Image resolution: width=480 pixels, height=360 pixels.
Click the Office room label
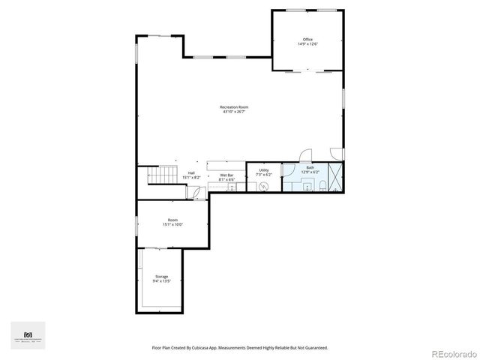(x=307, y=39)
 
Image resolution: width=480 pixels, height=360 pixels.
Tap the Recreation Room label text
(x=234, y=107)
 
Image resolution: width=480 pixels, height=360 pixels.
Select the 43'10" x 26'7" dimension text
(x=234, y=112)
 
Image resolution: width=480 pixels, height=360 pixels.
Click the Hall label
(x=191, y=173)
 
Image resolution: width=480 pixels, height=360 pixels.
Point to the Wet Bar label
(x=226, y=175)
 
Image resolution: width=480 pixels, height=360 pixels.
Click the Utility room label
(x=264, y=170)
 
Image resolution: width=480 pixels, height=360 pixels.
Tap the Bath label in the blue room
(x=310, y=168)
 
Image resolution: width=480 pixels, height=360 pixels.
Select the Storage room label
(x=162, y=277)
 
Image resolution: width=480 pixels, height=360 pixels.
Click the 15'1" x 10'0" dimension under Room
(x=172, y=224)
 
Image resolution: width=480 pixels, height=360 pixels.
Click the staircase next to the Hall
(x=160, y=175)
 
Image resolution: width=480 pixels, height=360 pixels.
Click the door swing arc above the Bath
(x=304, y=155)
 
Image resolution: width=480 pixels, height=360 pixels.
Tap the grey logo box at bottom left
(x=28, y=335)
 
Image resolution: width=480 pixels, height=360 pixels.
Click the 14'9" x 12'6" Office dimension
(x=307, y=44)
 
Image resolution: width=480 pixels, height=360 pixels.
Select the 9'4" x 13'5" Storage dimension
(x=162, y=281)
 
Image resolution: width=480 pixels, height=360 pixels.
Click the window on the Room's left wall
(x=136, y=223)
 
